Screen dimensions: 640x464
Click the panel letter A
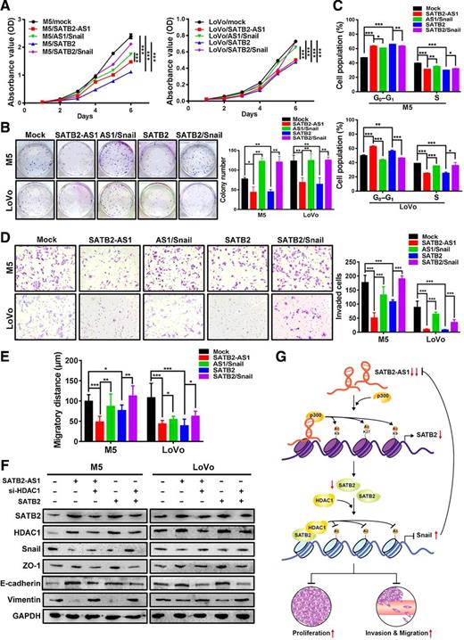click(6, 7)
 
